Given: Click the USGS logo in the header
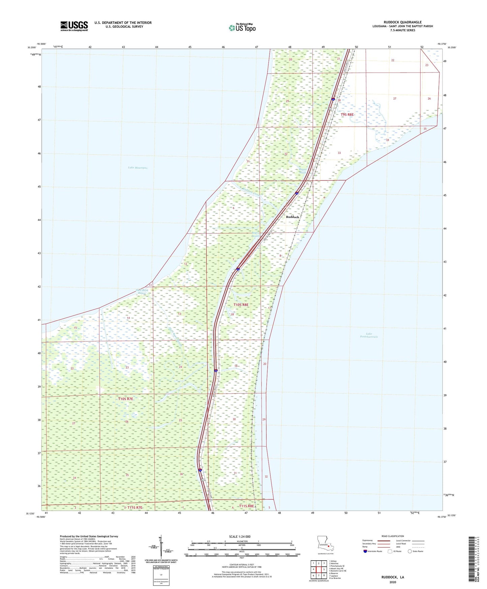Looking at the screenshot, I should (x=74, y=26).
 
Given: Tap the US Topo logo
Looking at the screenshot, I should (x=242, y=28).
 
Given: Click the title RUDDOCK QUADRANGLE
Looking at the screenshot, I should (x=402, y=22).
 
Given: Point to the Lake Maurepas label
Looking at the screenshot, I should (x=138, y=168).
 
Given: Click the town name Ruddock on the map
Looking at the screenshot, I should (x=292, y=217).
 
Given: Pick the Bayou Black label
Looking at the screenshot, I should (x=302, y=171).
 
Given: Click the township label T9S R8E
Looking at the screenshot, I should (x=347, y=115).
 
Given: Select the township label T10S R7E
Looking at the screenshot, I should (x=126, y=399).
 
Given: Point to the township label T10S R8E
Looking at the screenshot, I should (x=241, y=305).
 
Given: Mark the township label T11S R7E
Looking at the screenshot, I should (x=135, y=507).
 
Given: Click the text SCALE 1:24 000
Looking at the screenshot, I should (x=240, y=536).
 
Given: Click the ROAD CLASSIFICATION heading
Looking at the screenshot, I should (x=393, y=536).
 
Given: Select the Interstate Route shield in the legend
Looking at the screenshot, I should (x=365, y=551).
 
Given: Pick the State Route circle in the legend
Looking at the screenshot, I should (x=410, y=551).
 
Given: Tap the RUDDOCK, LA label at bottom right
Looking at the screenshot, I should (x=393, y=577).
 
